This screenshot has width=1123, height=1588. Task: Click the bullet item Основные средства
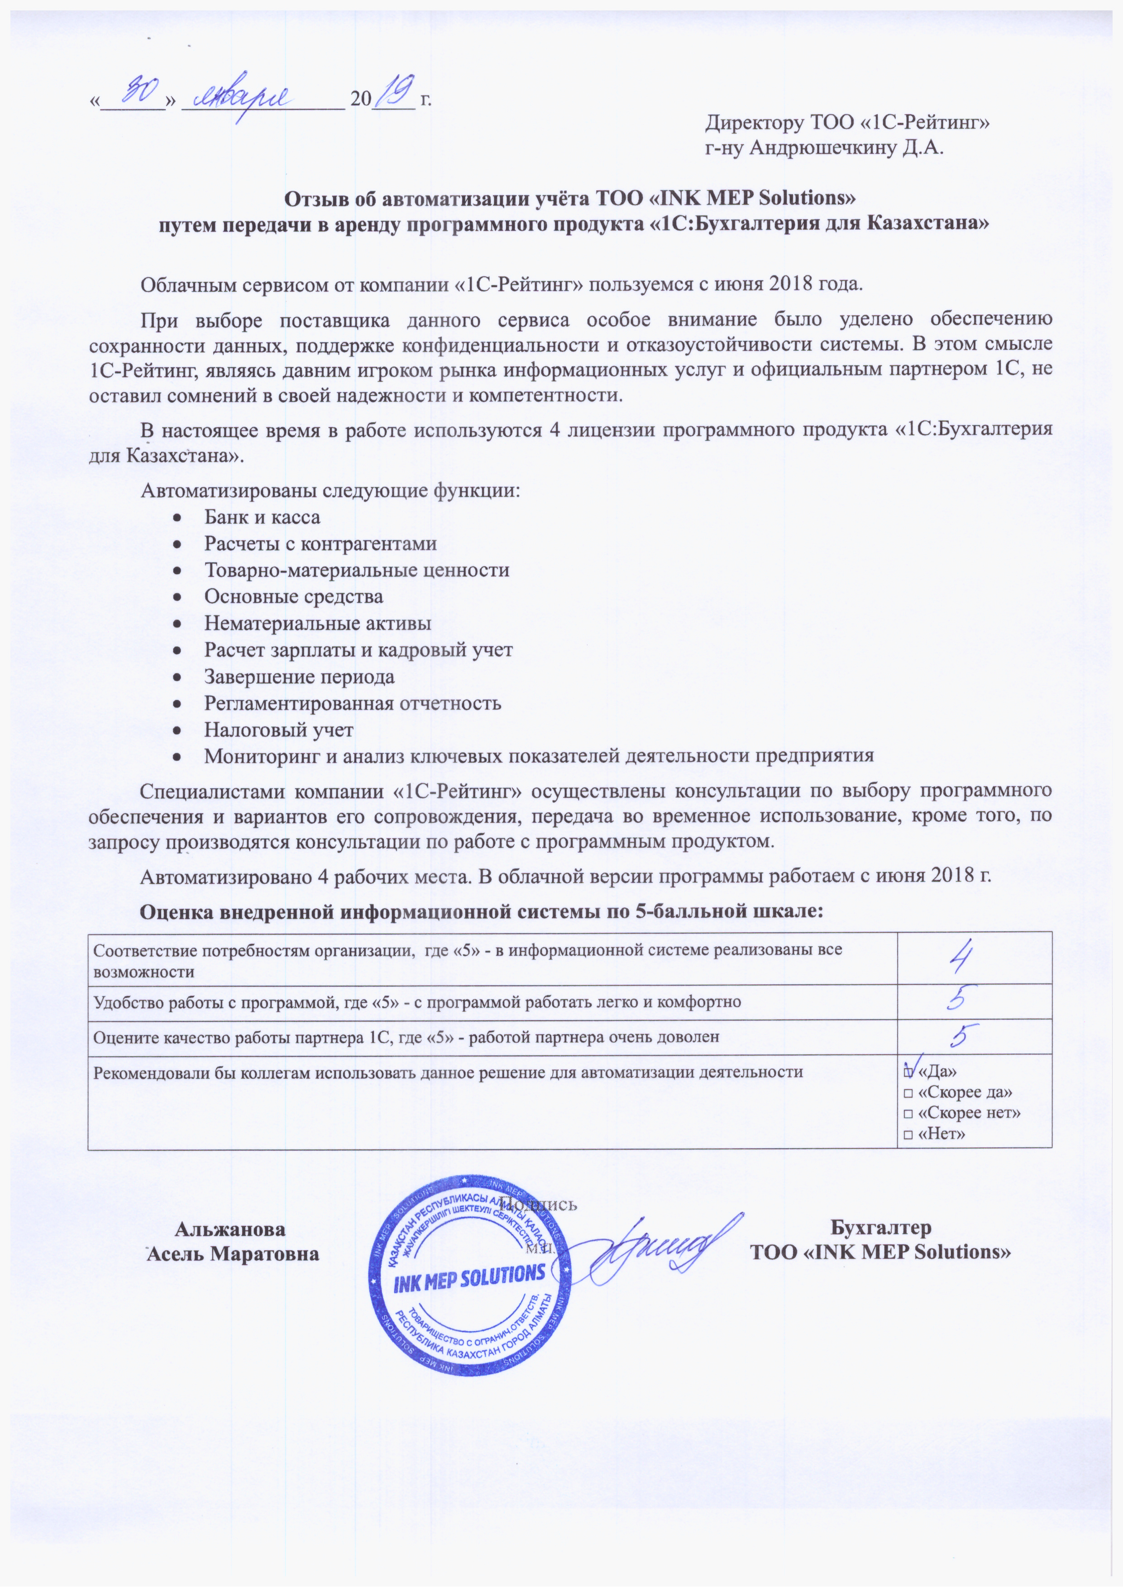pos(293,596)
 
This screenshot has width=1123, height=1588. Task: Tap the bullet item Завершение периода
pos(299,676)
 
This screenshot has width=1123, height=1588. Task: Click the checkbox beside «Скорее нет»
pos(907,1113)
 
